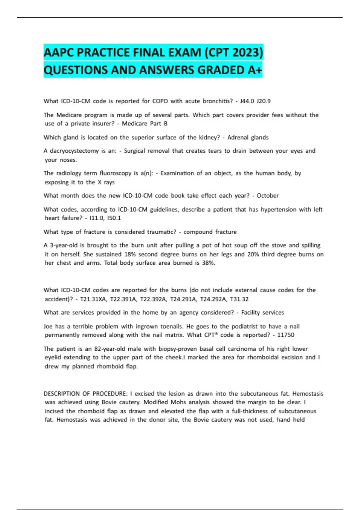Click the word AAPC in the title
(58, 52)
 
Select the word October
(268, 196)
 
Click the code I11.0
(98, 218)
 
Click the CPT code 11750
(286, 335)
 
